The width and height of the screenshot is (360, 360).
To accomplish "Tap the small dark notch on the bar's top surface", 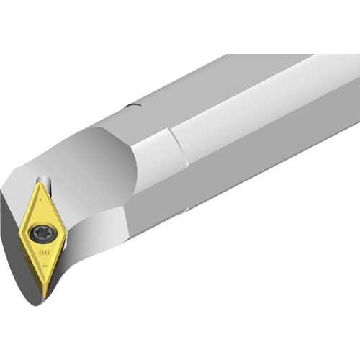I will tap(131, 107).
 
